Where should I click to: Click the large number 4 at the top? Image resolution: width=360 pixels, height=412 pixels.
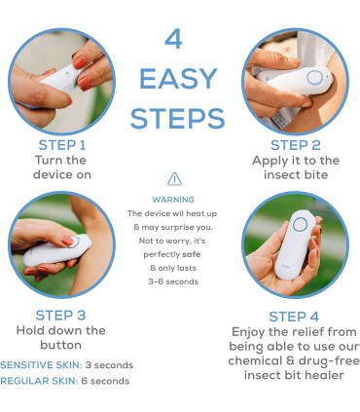coord(173,39)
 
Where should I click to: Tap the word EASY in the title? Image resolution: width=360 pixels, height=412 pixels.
coord(178,79)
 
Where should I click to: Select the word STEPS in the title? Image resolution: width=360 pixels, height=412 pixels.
coord(178,119)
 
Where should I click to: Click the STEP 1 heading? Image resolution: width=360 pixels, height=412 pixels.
coord(62,145)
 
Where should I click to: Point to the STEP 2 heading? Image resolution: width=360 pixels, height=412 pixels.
coord(296,145)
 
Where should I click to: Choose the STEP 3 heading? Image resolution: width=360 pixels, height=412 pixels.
coord(60,316)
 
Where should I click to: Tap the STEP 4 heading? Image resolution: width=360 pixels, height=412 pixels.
coord(294,317)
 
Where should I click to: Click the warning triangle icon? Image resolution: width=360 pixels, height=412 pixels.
coord(174,179)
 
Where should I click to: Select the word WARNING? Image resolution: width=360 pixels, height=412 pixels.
coord(173,200)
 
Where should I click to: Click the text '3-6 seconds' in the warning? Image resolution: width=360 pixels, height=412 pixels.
coord(173,281)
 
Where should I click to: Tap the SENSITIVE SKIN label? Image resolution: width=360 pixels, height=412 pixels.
coord(41,365)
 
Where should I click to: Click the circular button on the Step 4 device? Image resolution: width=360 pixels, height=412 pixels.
coord(300,224)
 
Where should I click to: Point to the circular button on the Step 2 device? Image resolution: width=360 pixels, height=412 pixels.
coord(314,78)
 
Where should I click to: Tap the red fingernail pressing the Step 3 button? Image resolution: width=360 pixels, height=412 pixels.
coord(67,241)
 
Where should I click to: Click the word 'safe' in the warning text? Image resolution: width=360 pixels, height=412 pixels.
coord(192,254)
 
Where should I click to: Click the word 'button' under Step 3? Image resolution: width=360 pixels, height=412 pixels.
coord(60,345)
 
